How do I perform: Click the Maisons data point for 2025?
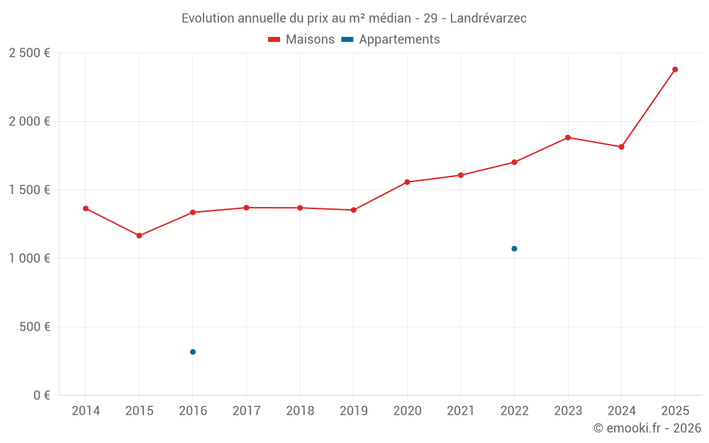[675, 69]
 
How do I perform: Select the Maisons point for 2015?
[139, 235]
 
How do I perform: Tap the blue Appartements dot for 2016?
[193, 352]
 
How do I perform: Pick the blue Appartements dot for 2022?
[514, 249]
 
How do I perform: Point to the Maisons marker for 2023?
[568, 138]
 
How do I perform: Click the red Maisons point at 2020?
[407, 182]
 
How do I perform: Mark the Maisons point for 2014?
[86, 208]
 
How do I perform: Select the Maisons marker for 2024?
[621, 147]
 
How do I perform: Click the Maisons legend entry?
[301, 40]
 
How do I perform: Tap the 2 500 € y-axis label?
[29, 53]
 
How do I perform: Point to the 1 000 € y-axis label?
[29, 259]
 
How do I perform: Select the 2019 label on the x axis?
[354, 411]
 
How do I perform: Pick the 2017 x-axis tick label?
[246, 411]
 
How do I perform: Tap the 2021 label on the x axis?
[461, 411]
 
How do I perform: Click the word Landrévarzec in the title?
[489, 18]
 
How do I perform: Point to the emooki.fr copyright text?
[647, 428]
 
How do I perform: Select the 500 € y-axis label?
[35, 327]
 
